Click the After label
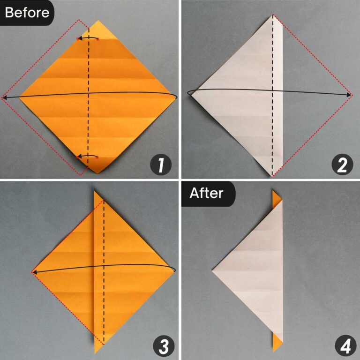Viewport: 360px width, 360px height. coord(206,193)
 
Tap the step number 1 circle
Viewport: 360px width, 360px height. coord(160,165)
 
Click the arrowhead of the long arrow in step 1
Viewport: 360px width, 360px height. coord(4,97)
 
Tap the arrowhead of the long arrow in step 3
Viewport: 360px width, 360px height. coord(34,271)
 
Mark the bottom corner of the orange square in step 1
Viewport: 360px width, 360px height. coord(98,172)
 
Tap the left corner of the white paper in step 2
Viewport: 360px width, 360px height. coord(189,94)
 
